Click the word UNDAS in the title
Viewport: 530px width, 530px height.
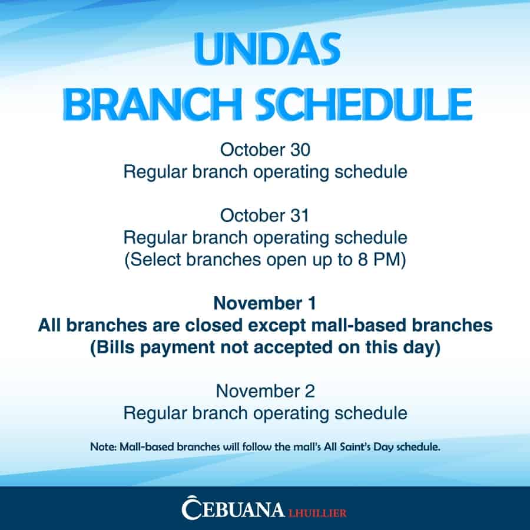coord(267,49)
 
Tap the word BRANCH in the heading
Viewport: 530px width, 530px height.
coord(153,104)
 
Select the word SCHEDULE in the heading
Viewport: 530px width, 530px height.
coord(364,104)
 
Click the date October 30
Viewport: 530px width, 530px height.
coord(265,150)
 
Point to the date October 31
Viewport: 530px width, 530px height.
coord(264,216)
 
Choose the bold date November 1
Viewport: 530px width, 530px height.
coord(265,303)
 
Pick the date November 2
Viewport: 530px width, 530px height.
coord(266,391)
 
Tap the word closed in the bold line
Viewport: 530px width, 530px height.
coord(214,325)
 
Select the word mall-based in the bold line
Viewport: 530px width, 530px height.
coord(359,325)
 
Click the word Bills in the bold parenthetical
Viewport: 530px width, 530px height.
coord(115,347)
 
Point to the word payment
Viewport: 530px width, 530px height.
coord(177,348)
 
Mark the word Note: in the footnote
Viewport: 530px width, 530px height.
coord(104,447)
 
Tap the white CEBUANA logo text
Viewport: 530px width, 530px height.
coord(233,508)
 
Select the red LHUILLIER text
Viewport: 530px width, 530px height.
coord(317,513)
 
